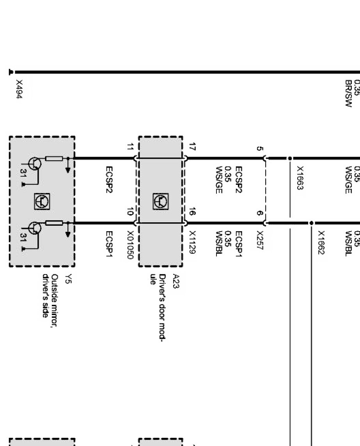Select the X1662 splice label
coord(321,242)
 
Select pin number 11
coord(129,147)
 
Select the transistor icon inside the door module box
coord(160,201)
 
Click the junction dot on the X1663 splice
coord(289,158)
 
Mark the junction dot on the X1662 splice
coord(311,223)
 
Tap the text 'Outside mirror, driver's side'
coord(50,297)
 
